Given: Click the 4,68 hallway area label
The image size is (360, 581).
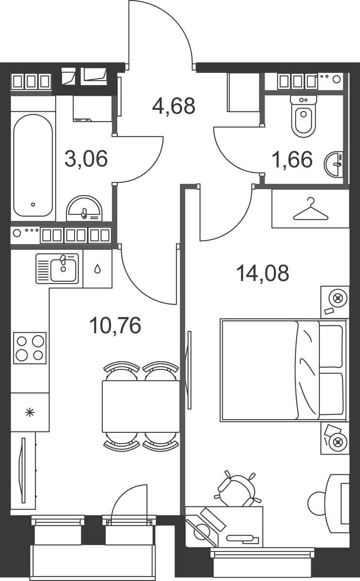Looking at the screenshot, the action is point(173,106).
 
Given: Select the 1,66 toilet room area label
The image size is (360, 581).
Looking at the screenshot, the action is point(292,159).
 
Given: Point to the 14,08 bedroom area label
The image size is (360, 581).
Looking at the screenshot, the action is point(263,273).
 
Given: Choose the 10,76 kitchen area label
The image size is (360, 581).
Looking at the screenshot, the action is point(115,325).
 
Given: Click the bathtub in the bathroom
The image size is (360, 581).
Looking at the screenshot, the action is point(33,165).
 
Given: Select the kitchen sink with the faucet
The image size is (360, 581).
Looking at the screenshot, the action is point(57,268).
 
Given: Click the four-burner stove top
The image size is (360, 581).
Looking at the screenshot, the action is point(30,348).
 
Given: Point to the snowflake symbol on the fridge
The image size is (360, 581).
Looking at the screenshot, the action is point(30,413).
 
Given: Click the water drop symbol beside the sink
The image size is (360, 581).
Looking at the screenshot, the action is point(97,269).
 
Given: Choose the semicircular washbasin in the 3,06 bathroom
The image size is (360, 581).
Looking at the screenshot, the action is point(84,208).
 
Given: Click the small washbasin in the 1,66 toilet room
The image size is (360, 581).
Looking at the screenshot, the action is point(333,165).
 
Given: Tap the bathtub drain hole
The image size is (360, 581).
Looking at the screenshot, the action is point(33,205).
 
